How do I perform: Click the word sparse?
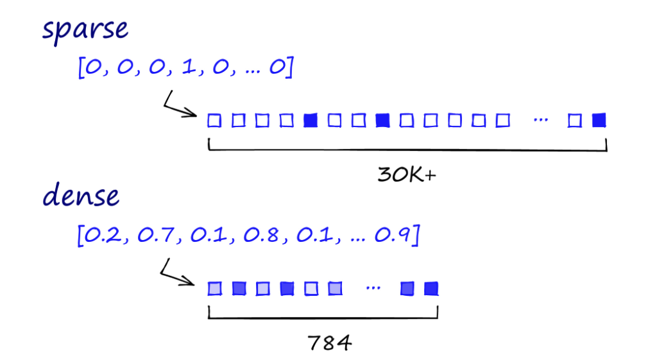coord(85,30)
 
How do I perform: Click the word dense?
coord(81,195)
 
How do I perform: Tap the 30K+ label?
coord(407,175)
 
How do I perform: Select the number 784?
coord(329,343)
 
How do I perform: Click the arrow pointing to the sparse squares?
coord(180,107)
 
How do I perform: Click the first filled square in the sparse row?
coord(311,120)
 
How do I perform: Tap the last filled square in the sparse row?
coord(599,120)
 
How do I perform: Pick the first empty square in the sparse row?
coord(214,120)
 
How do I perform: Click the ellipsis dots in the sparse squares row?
coord(540,120)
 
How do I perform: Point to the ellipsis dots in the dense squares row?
coord(372,288)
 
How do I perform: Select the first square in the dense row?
coord(214,289)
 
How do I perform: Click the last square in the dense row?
coord(431,289)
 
